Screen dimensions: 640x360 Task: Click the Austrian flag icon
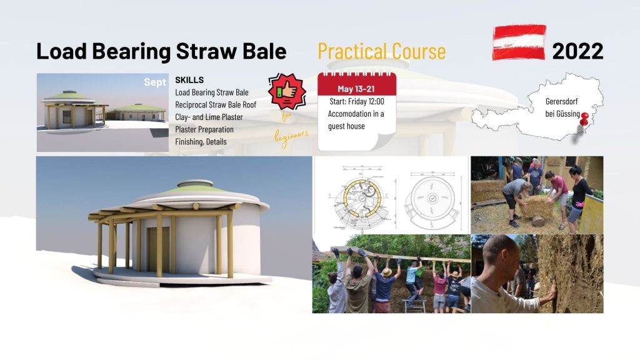pyautogui.click(x=519, y=42)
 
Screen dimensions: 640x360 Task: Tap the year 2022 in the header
pyautogui.click(x=577, y=51)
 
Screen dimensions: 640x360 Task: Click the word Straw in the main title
pyautogui.click(x=206, y=51)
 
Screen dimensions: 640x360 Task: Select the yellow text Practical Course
pyautogui.click(x=382, y=51)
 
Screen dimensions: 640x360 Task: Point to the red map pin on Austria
pyautogui.click(x=584, y=119)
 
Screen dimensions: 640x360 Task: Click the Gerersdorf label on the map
pyautogui.click(x=561, y=101)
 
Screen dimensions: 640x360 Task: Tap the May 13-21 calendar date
pyautogui.click(x=356, y=89)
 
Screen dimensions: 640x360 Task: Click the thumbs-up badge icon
pyautogui.click(x=287, y=91)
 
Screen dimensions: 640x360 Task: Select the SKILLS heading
pyautogui.click(x=189, y=80)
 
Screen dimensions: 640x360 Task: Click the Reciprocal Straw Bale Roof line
pyautogui.click(x=216, y=105)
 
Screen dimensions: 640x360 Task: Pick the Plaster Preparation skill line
pyautogui.click(x=204, y=129)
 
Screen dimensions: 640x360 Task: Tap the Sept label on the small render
pyautogui.click(x=155, y=82)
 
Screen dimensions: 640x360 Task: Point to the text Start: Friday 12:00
pyautogui.click(x=357, y=101)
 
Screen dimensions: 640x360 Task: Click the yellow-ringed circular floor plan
pyautogui.click(x=359, y=198)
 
